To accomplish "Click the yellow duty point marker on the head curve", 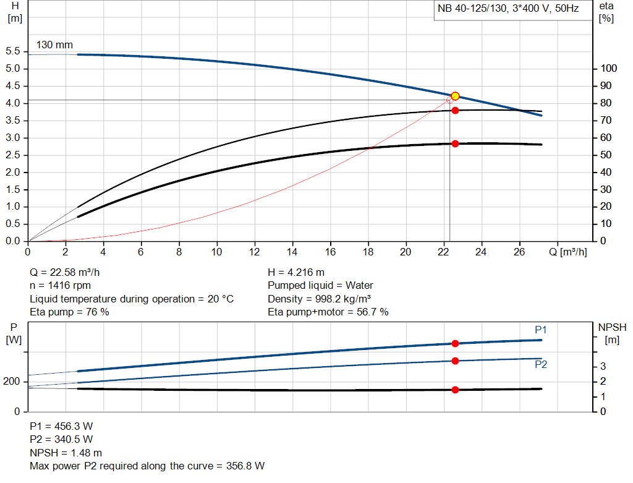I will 455,96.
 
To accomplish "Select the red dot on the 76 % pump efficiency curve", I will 455,111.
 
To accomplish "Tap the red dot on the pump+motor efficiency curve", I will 455,143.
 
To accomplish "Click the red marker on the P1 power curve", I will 455,343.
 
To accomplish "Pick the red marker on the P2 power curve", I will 455,361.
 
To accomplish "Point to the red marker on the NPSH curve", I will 455,390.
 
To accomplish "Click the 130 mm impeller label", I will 54,45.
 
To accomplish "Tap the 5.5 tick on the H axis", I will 13,51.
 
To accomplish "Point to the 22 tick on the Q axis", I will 443,252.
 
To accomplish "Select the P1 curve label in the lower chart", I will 541,329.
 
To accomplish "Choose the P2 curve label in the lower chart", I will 541,365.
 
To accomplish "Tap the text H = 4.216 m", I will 296,272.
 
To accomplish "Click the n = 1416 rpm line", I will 60,286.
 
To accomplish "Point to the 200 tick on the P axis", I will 13,382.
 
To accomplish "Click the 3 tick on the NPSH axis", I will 603,367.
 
